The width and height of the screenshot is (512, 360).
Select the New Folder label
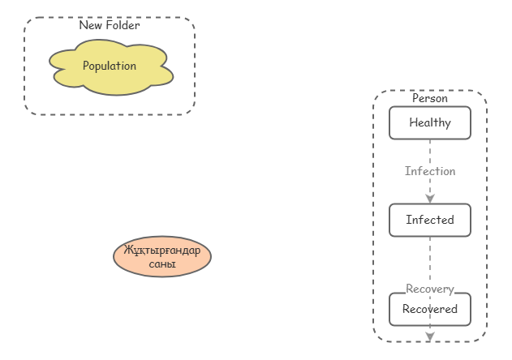(110, 25)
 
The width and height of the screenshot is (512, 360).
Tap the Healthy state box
(430, 123)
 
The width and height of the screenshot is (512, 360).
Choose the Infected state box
(430, 220)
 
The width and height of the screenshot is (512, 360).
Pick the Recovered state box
(430, 309)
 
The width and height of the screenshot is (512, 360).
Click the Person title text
(430, 98)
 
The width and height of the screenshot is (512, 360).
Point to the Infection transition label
(430, 171)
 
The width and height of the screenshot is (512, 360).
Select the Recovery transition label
(430, 289)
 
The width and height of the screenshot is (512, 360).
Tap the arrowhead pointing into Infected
(430, 199)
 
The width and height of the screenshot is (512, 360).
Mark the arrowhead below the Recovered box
(430, 336)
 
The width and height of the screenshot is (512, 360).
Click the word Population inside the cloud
(110, 66)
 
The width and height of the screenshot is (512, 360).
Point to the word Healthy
(430, 123)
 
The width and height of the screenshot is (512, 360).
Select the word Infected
(430, 220)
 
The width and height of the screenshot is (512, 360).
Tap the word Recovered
(430, 309)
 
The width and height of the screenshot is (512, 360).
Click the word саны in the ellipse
(162, 264)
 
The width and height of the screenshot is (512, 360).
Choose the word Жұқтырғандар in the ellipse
(162, 250)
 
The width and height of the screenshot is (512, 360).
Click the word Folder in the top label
(123, 25)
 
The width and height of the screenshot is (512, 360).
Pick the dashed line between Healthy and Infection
(430, 151)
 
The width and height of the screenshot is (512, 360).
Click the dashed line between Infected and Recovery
(430, 259)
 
